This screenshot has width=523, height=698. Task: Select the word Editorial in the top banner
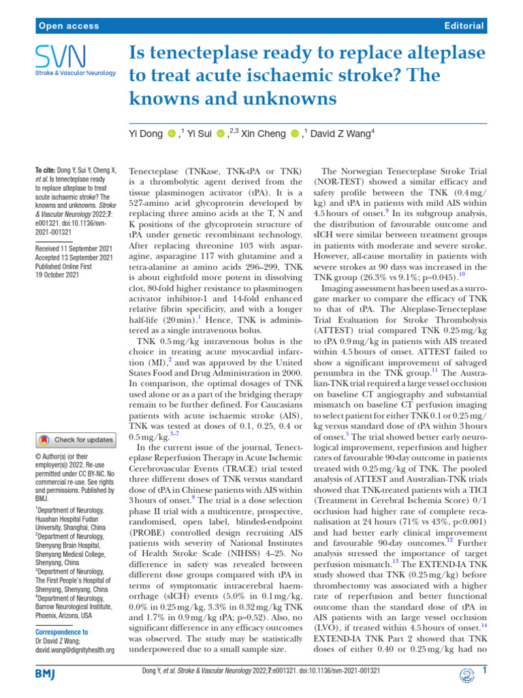tap(463, 26)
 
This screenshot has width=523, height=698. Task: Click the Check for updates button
tap(76, 440)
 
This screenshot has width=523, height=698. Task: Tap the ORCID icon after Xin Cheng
tap(295, 134)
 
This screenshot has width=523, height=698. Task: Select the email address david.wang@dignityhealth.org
tap(74, 651)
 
